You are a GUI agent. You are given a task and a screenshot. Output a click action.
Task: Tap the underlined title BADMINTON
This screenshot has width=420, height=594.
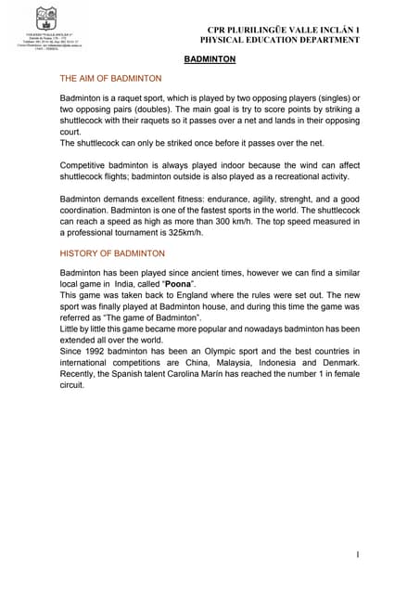point(210,59)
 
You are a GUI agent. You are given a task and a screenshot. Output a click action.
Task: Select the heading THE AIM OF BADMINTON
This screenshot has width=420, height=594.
point(110,79)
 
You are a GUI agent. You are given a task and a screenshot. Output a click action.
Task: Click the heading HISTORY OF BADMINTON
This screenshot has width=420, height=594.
point(112,252)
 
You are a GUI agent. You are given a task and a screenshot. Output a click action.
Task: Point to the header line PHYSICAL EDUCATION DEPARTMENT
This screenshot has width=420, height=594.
point(280,41)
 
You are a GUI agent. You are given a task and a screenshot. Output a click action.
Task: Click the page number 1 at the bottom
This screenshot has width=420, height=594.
point(357,554)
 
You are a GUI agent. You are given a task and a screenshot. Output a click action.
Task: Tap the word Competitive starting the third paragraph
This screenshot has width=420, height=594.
point(86,161)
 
